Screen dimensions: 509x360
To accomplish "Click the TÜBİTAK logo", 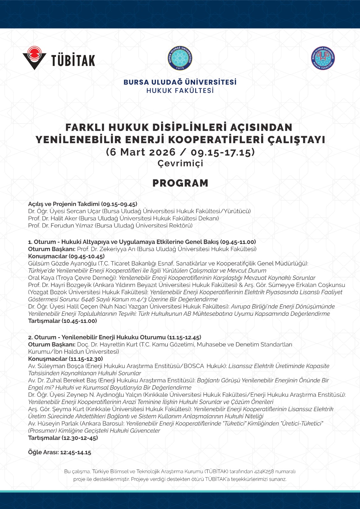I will point(59,58).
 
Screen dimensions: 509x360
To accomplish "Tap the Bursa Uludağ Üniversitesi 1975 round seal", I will point(180,58).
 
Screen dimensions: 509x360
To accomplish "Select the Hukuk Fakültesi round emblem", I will point(323,58).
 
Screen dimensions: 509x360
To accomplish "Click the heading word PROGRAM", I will point(180,183).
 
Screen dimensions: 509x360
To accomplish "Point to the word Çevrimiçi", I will point(180,163).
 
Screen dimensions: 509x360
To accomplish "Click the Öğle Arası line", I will point(60,452).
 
